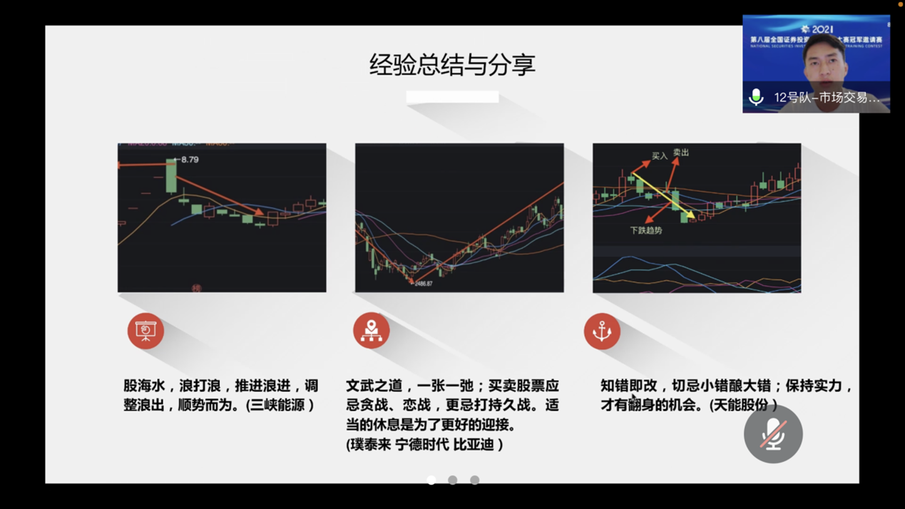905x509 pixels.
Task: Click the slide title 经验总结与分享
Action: click(452, 65)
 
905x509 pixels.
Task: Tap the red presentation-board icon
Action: click(145, 331)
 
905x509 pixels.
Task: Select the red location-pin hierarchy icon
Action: click(371, 331)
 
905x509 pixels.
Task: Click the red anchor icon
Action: click(602, 331)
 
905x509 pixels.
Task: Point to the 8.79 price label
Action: click(189, 160)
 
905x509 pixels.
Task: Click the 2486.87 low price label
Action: click(423, 284)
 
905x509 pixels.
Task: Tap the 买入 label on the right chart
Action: click(660, 155)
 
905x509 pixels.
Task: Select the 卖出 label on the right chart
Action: click(681, 153)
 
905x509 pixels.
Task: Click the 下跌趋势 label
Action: click(646, 231)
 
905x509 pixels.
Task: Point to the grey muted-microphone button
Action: click(773, 434)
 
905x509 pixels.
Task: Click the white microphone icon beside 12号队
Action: click(756, 97)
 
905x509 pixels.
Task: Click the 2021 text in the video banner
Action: click(822, 29)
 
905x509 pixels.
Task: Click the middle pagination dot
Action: click(453, 480)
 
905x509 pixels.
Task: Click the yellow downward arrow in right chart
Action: click(663, 195)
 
